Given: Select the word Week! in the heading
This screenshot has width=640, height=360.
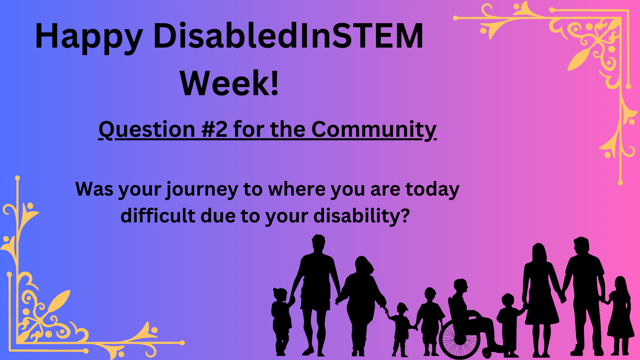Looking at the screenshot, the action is pos(229,83).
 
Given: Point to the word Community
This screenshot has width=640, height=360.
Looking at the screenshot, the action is pos(374,130).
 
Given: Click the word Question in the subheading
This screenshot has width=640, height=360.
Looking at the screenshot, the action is pos(147,130).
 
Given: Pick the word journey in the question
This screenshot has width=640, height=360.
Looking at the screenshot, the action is pos(202,190).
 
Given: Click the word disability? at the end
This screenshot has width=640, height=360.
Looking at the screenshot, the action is pos(362,216).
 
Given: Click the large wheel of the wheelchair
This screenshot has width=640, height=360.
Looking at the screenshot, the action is pos(459,339).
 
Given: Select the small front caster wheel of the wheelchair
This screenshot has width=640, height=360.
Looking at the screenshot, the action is pos(487,353).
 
